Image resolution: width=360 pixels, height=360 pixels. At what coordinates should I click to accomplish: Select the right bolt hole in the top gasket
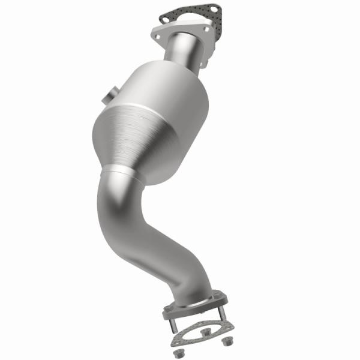215,10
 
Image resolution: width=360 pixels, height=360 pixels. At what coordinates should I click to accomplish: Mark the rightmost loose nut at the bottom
227,341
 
